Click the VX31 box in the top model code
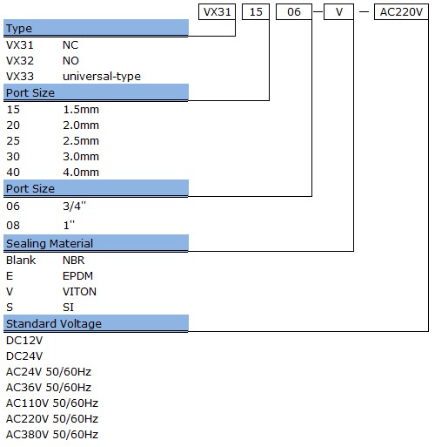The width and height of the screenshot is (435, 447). [x=217, y=12]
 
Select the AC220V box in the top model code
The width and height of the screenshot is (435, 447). [x=401, y=12]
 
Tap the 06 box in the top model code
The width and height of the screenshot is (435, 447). [x=294, y=12]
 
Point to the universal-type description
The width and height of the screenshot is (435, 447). [x=102, y=77]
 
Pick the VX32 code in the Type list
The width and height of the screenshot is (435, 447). [x=20, y=61]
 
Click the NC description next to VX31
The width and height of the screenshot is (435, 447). [x=70, y=45]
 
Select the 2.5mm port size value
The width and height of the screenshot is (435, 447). [x=81, y=141]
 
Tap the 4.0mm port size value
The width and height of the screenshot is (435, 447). [x=81, y=173]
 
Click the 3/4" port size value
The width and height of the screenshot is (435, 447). [x=75, y=206]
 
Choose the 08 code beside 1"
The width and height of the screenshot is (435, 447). [x=13, y=226]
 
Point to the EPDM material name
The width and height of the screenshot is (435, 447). [x=77, y=276]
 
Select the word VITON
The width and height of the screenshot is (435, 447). [x=79, y=292]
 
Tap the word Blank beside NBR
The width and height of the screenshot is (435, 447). [x=21, y=261]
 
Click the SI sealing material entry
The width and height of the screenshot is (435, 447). [x=68, y=308]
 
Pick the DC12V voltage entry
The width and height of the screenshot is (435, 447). [x=24, y=341]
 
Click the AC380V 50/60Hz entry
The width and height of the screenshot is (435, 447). [x=52, y=435]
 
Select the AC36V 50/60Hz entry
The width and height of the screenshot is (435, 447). [x=49, y=388]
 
